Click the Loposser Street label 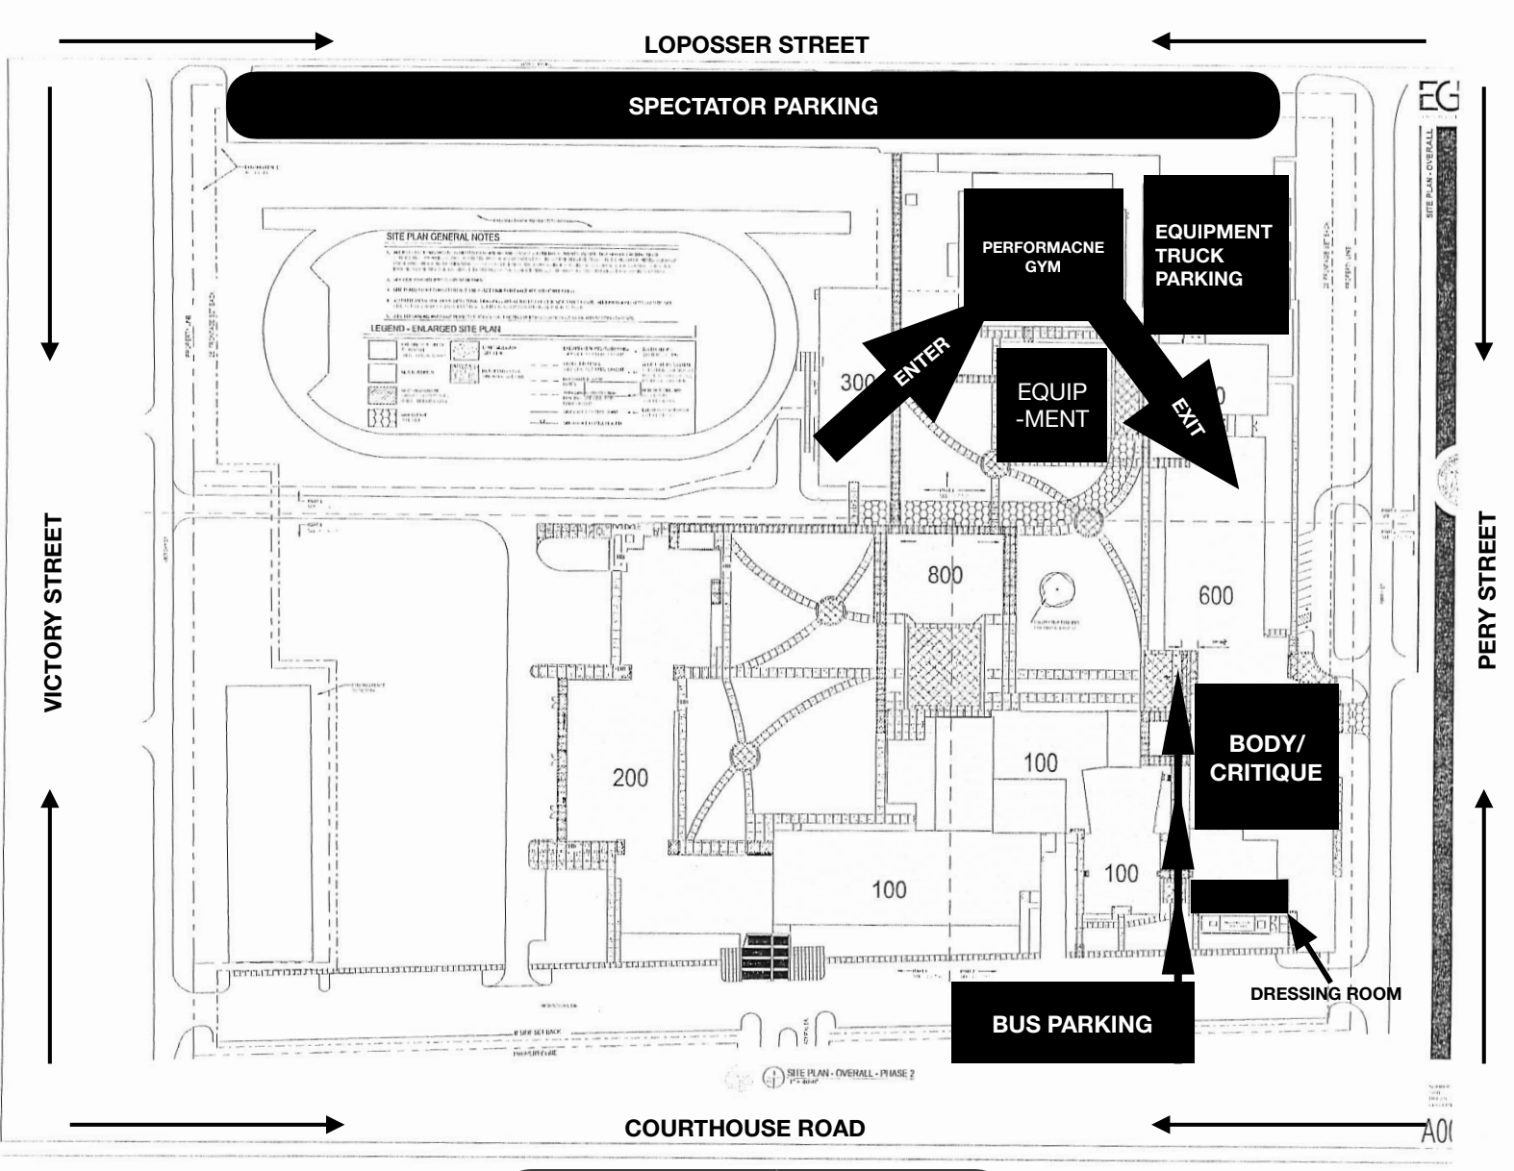pos(756,45)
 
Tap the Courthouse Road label pos(744,1128)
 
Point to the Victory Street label pos(54,613)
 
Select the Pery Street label pos(1487,590)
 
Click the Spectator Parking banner pos(752,106)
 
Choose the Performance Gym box pos(1043,256)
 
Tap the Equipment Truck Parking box pos(1215,255)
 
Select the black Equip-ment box pos(1052,405)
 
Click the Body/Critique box pos(1265,758)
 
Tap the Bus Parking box pos(1072,1024)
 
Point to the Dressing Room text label pos(1325,994)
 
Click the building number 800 pos(945,575)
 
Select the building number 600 pos(1215,596)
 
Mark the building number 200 pos(630,778)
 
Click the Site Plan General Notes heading pos(442,237)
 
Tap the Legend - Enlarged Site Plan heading pos(435,329)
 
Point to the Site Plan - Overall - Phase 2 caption pos(850,1074)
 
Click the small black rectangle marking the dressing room pos(1239,896)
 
